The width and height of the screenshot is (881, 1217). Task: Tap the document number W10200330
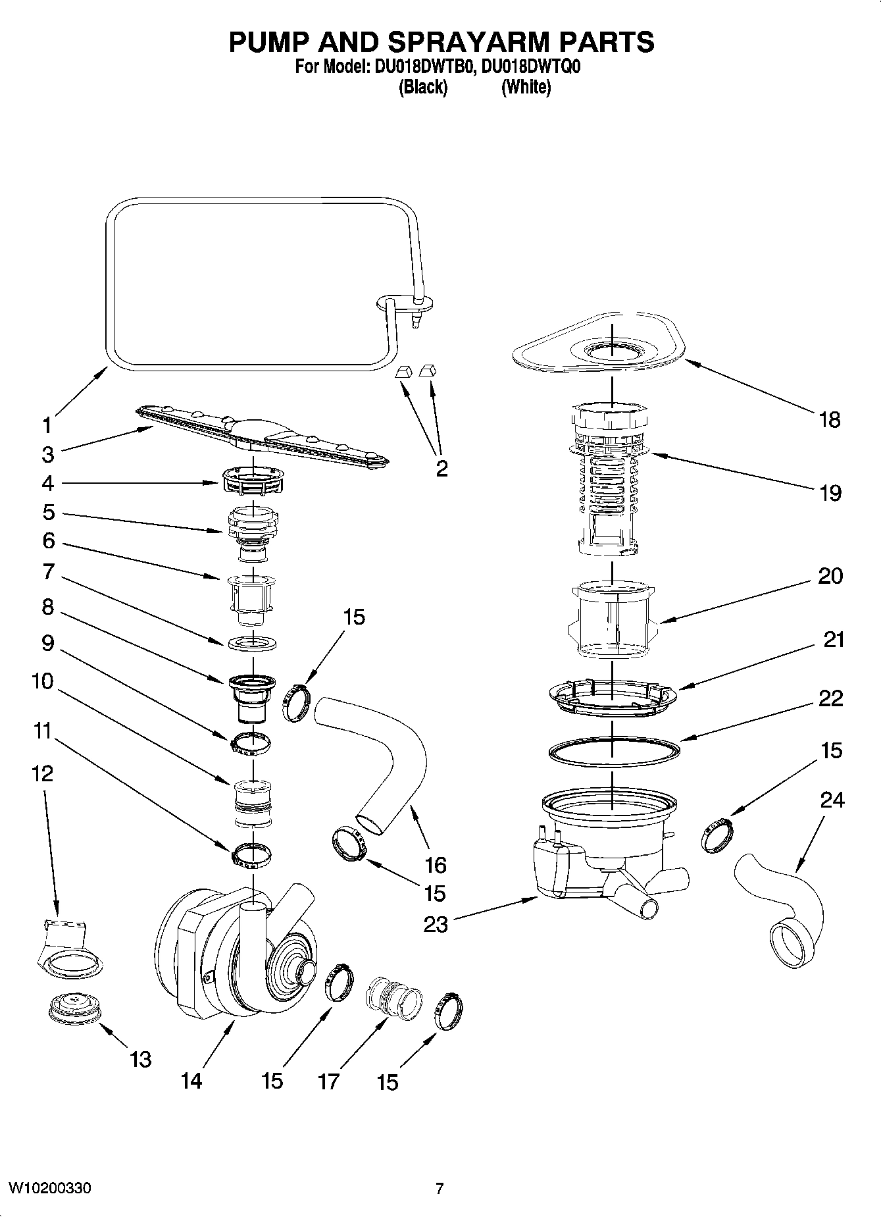[x=50, y=1188]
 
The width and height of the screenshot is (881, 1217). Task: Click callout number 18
[x=830, y=419]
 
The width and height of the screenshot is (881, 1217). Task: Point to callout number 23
[x=436, y=924]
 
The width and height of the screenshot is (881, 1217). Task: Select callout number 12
[x=42, y=773]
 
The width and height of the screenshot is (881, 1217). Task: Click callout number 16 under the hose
[x=436, y=864]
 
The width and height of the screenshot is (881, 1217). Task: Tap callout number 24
[x=832, y=800]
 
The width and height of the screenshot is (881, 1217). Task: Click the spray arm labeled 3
[x=263, y=438]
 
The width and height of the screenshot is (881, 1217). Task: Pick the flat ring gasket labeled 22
[x=613, y=752]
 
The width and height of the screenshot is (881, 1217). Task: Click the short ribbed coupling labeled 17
[x=393, y=998]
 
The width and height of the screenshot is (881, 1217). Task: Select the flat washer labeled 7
[x=252, y=642]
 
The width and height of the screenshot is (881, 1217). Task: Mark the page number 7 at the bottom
[x=440, y=1188]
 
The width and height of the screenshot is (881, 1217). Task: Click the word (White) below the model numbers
[x=526, y=87]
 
